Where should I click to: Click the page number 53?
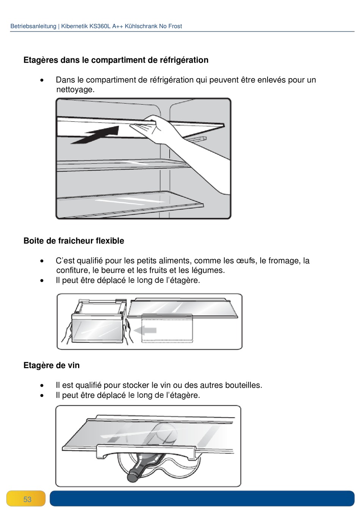click(27, 499)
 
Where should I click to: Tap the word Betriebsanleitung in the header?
click(33, 26)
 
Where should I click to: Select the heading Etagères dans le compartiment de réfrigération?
click(116, 60)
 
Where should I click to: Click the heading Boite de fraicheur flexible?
click(74, 241)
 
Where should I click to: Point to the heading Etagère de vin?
click(52, 365)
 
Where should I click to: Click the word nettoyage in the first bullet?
click(74, 89)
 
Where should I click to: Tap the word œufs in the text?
click(245, 260)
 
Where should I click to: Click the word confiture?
click(73, 270)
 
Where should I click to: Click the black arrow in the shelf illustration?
click(97, 136)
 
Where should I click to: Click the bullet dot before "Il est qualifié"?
click(42, 386)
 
